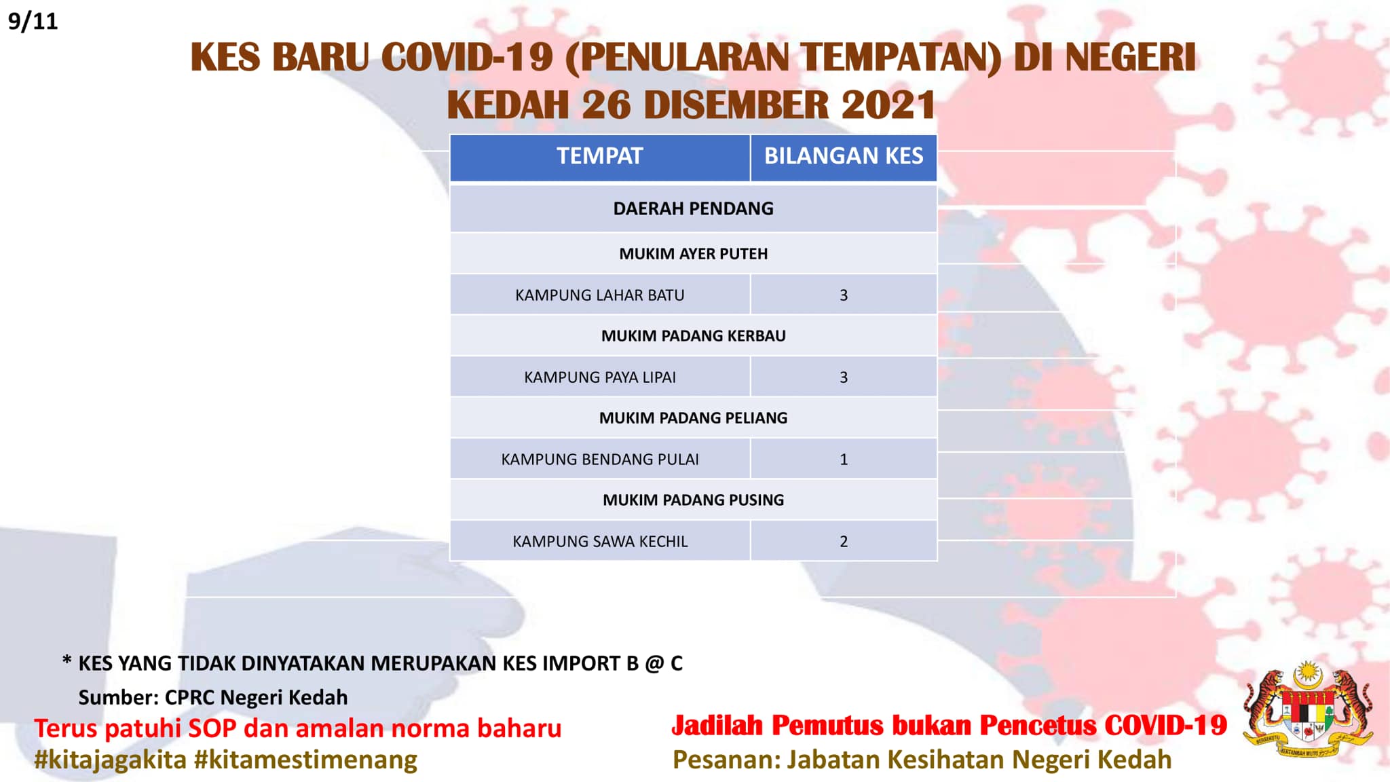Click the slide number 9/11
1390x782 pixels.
[x=33, y=21]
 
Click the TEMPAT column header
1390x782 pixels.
[x=600, y=156]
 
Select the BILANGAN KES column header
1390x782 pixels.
[x=844, y=156]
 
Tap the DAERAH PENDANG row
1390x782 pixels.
[x=693, y=208]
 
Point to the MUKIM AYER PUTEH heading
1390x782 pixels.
[x=693, y=254]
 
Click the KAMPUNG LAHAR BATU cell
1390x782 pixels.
[x=600, y=295]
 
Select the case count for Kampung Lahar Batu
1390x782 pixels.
[x=844, y=295]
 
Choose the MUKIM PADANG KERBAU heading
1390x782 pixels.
[x=693, y=336]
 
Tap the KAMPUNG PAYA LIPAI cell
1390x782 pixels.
[x=600, y=377]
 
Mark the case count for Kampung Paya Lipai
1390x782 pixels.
[x=844, y=377]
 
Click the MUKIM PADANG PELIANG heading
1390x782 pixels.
[x=693, y=418]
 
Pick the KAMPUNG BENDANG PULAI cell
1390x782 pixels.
[x=600, y=460]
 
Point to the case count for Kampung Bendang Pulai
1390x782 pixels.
[x=844, y=460]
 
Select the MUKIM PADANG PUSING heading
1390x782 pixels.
[x=693, y=500]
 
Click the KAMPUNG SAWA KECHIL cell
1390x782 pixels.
[x=600, y=542]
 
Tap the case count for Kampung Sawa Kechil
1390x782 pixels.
[x=844, y=542]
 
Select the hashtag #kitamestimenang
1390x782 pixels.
[x=305, y=760]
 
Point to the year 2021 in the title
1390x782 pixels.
[x=888, y=105]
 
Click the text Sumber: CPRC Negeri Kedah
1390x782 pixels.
[x=213, y=697]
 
